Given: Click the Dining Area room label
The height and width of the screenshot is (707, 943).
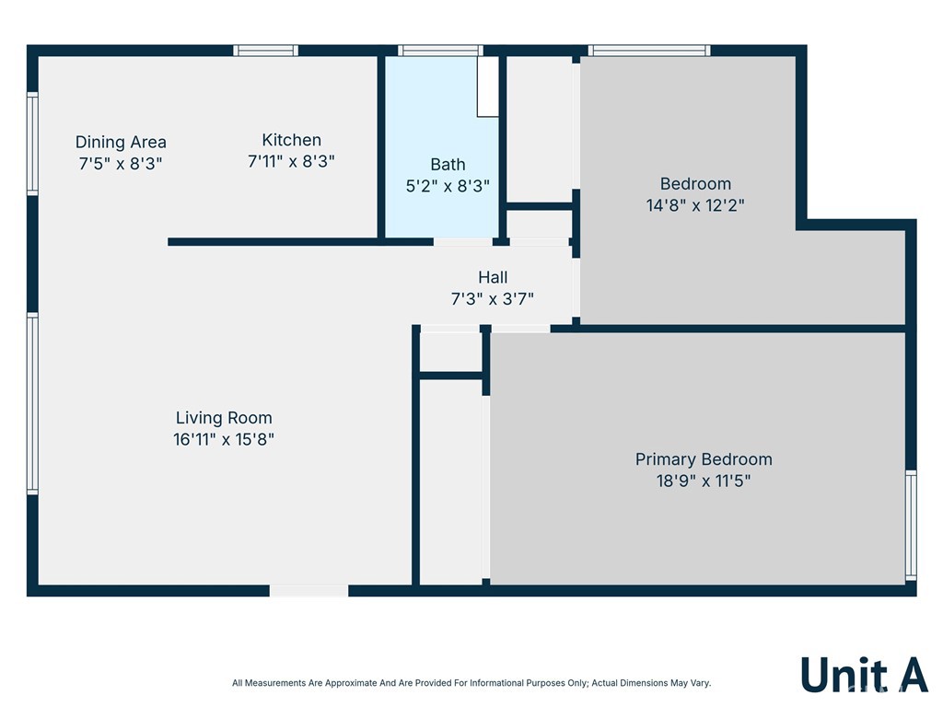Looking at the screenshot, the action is pos(121,143).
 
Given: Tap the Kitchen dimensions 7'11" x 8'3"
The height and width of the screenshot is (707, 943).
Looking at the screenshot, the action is pos(291,162).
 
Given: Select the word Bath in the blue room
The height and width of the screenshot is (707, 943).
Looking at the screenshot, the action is pos(448,164).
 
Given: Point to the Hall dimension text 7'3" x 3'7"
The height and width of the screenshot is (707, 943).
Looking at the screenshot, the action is pos(493,299).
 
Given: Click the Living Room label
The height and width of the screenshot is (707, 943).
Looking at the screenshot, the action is pos(224,418).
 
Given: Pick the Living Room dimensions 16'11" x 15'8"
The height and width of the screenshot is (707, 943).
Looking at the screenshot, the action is pos(224,439).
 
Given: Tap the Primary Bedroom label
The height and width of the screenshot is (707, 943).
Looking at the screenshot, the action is pos(704,459).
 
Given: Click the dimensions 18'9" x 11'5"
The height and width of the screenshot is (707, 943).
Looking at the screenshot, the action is pos(704,481).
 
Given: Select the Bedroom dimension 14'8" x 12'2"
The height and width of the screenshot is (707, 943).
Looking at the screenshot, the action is pos(695,205).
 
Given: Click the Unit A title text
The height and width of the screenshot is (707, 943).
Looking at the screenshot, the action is pos(864,675).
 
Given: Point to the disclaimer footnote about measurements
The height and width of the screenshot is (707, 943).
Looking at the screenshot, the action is pos(471,683).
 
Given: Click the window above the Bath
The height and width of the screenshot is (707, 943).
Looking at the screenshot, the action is pos(440,51).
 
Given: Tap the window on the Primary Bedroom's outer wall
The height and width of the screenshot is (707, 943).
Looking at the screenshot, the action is pos(911,526).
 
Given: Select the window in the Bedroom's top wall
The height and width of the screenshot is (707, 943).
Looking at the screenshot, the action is pos(649,51).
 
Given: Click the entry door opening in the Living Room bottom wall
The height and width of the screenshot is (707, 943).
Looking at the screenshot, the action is pos(309,590).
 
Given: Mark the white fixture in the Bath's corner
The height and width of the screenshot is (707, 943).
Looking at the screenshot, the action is pos(488,87).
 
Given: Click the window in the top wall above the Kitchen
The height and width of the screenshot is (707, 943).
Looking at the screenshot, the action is pos(266,51).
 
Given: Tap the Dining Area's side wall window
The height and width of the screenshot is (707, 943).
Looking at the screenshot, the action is pos(32,144).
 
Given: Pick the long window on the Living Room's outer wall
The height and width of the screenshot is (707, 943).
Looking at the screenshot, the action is pos(32,403).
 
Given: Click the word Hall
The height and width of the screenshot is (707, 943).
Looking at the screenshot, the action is pos(493,277).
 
